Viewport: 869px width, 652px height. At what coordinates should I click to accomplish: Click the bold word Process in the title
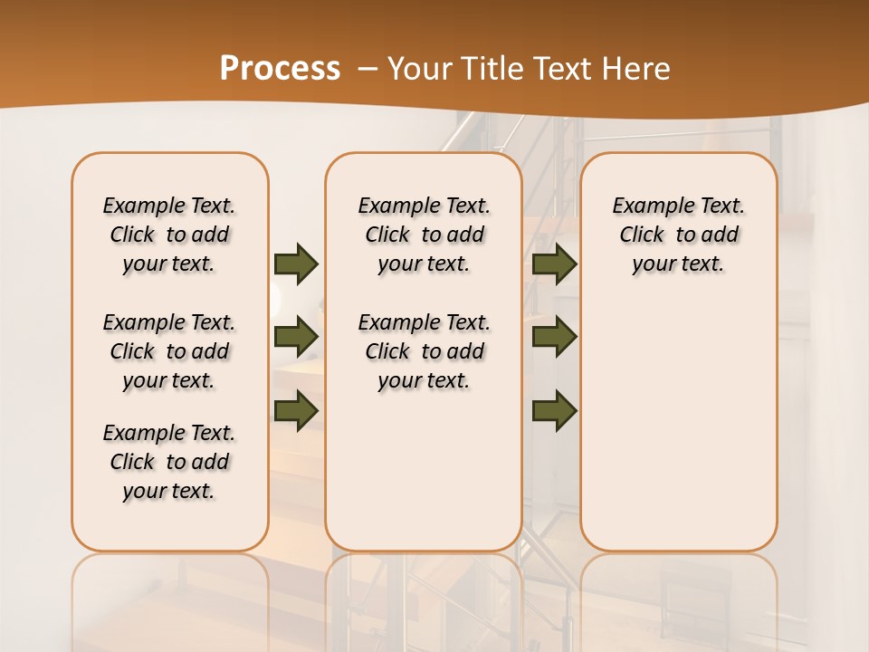click(x=280, y=68)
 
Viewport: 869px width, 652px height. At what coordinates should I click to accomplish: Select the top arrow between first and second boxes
click(x=296, y=264)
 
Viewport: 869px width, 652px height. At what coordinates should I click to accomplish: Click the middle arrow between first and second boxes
click(x=296, y=337)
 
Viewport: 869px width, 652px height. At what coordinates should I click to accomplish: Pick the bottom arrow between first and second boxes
click(x=296, y=410)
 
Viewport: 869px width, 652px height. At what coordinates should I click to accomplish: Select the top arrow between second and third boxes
click(x=555, y=264)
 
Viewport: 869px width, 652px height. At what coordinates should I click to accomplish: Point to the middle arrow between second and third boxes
click(x=555, y=337)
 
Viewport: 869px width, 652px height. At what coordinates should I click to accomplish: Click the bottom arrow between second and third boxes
click(x=555, y=410)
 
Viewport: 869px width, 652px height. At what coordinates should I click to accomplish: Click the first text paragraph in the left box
click(x=169, y=235)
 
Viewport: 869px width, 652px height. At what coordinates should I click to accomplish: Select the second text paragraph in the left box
click(x=169, y=351)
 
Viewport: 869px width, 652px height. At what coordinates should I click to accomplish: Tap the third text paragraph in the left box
click(x=169, y=462)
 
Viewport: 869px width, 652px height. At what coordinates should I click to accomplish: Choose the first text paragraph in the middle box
click(x=424, y=235)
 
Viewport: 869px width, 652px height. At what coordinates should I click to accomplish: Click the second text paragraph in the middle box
click(x=424, y=351)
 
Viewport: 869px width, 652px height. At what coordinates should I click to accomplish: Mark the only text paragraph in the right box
click(x=678, y=235)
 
